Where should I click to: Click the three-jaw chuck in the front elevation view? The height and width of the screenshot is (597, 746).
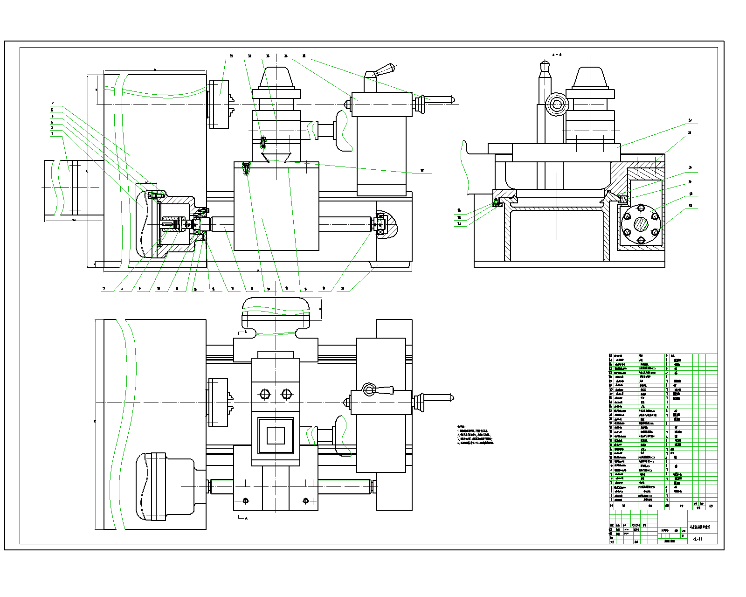pyautogui.click(x=219, y=104)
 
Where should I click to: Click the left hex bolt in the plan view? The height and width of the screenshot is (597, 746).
pyautogui.click(x=264, y=394)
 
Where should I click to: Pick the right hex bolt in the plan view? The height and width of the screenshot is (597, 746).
pyautogui.click(x=287, y=394)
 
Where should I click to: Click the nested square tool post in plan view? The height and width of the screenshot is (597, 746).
pyautogui.click(x=276, y=436)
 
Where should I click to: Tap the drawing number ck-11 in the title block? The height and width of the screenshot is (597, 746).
pyautogui.click(x=697, y=539)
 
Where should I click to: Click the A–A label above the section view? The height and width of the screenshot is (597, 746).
pyautogui.click(x=557, y=55)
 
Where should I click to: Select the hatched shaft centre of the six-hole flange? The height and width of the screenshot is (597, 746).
pyautogui.click(x=641, y=224)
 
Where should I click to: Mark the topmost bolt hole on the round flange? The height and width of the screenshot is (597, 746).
pyautogui.click(x=641, y=208)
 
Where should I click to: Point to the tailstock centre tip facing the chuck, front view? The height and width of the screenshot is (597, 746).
pyautogui.click(x=347, y=104)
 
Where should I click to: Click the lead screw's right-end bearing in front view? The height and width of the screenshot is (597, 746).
pyautogui.click(x=380, y=225)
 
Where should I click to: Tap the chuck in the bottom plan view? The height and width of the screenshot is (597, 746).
pyautogui.click(x=218, y=402)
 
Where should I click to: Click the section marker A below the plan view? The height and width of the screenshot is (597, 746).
pyautogui.click(x=246, y=518)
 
